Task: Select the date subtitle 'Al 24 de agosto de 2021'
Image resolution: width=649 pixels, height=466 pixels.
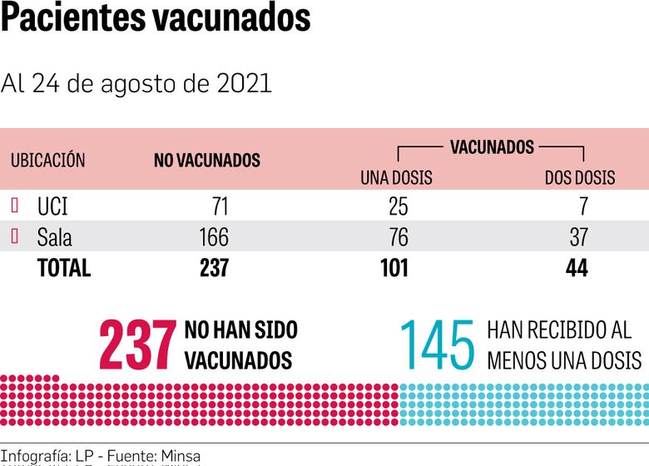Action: (136, 84)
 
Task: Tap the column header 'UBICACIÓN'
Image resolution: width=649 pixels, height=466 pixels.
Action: (47, 161)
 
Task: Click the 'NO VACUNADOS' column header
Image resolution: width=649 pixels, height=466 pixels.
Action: (207, 161)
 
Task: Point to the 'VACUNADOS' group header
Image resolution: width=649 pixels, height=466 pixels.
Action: (492, 147)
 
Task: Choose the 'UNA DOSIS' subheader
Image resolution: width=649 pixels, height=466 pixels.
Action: (396, 178)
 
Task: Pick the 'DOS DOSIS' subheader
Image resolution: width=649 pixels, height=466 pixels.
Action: (580, 178)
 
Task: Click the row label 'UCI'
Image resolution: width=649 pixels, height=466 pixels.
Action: (52, 206)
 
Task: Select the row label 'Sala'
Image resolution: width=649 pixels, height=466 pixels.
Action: (55, 237)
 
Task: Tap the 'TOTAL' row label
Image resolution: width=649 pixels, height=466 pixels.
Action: (64, 268)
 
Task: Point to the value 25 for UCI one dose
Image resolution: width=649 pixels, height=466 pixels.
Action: (399, 206)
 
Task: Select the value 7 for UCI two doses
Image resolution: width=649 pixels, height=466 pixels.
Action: (582, 206)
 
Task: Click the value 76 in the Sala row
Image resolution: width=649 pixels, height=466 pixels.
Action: (399, 237)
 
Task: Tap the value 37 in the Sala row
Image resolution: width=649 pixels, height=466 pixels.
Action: (578, 237)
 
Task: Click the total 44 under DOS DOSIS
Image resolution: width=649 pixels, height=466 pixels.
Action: (576, 268)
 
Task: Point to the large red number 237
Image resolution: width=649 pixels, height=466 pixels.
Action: (137, 345)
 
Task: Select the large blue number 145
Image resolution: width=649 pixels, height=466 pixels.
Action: (438, 345)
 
